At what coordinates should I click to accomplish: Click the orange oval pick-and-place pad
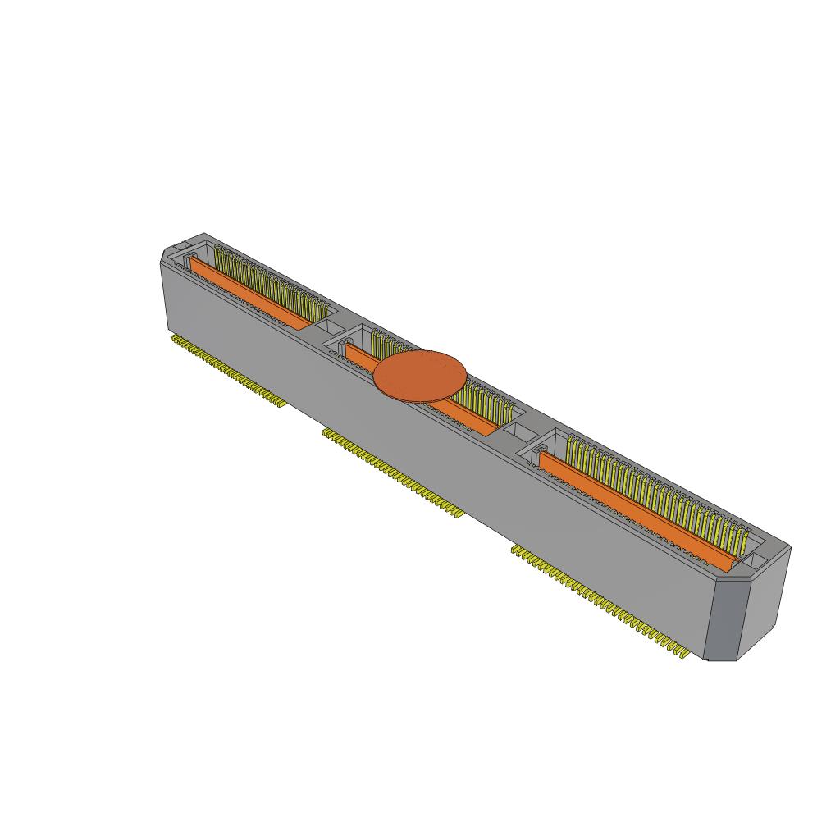pos(420,377)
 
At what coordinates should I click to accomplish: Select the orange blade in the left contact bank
pos(246,291)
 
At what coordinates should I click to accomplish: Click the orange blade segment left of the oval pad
pos(359,355)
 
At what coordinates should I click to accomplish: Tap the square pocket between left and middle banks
pos(336,328)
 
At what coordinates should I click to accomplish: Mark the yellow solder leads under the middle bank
pos(394,471)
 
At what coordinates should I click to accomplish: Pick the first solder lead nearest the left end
pos(174,337)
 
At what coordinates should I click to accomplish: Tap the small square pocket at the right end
pos(759,561)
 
